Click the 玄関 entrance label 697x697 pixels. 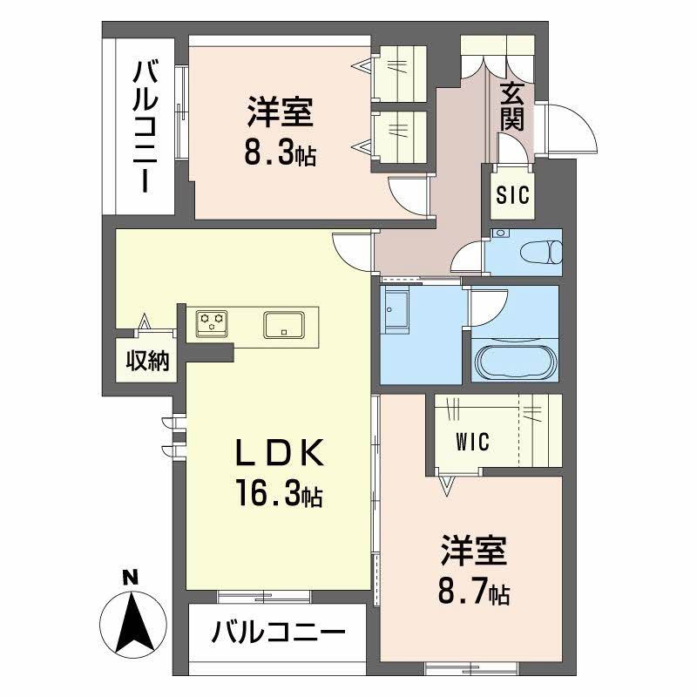tap(513, 105)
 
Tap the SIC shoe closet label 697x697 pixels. tap(513, 196)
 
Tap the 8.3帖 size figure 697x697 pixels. tap(279, 154)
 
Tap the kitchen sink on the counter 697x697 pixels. tap(284, 324)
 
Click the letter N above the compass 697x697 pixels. tap(130, 576)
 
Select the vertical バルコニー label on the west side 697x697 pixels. tap(144, 126)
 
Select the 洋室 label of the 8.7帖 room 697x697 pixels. tap(474, 552)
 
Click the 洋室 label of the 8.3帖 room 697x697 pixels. tap(280, 113)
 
